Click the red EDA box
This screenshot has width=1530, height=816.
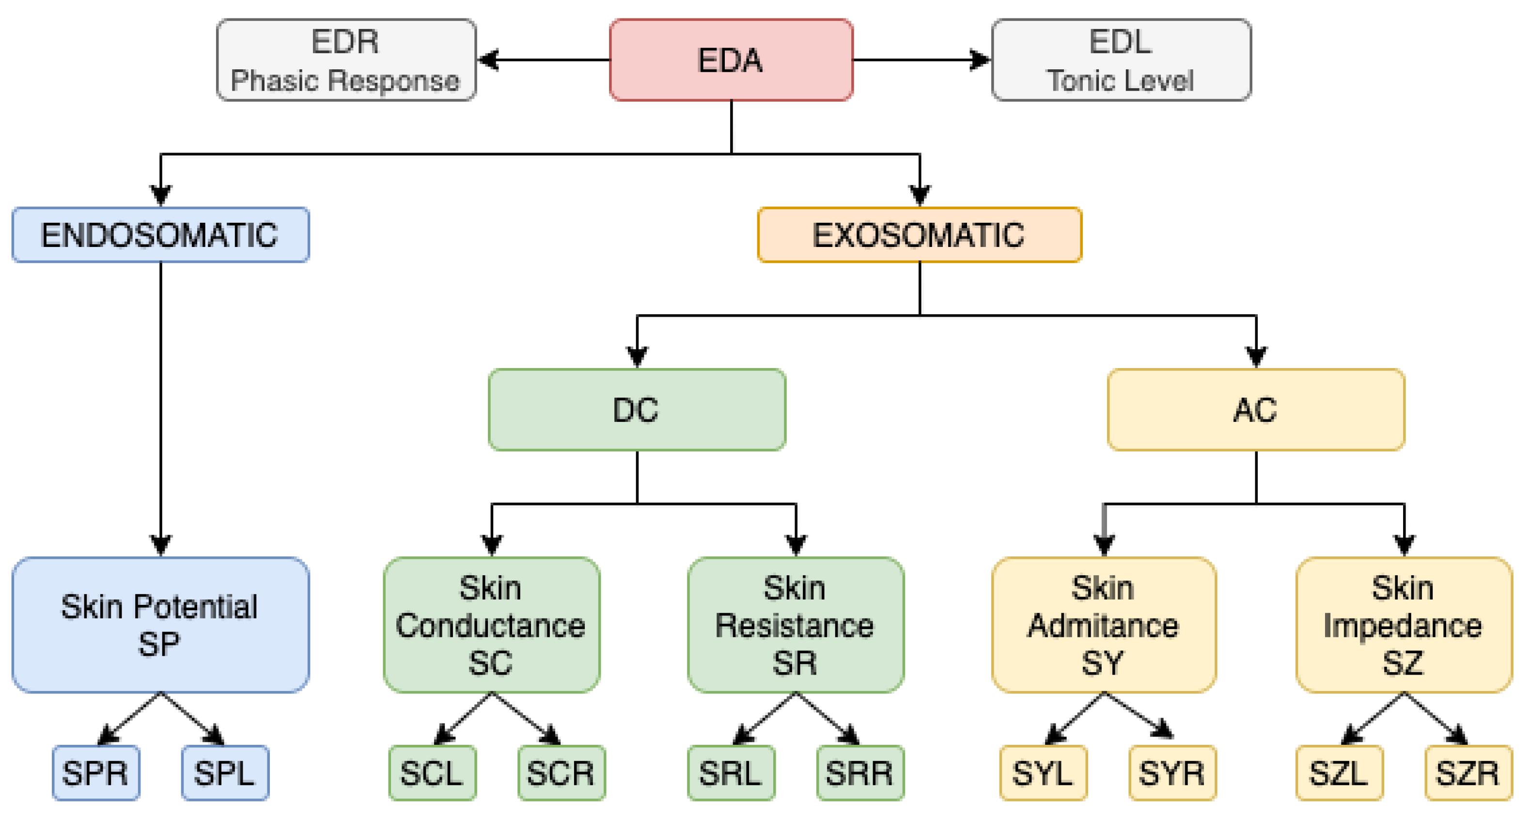pyautogui.click(x=731, y=60)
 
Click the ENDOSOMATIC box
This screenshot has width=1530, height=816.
pyautogui.click(x=160, y=234)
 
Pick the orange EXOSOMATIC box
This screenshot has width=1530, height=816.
pyautogui.click(x=920, y=234)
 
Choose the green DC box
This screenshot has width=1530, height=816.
pyautogui.click(x=637, y=410)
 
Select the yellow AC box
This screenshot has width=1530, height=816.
pyautogui.click(x=1256, y=410)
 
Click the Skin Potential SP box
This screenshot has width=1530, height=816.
pyautogui.click(x=160, y=625)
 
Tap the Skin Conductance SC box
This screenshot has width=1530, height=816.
pyautogui.click(x=491, y=625)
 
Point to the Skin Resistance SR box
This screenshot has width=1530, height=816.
pyautogui.click(x=796, y=625)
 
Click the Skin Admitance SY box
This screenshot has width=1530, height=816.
pyautogui.click(x=1104, y=625)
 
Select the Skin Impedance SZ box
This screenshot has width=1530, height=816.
pyautogui.click(x=1404, y=625)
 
